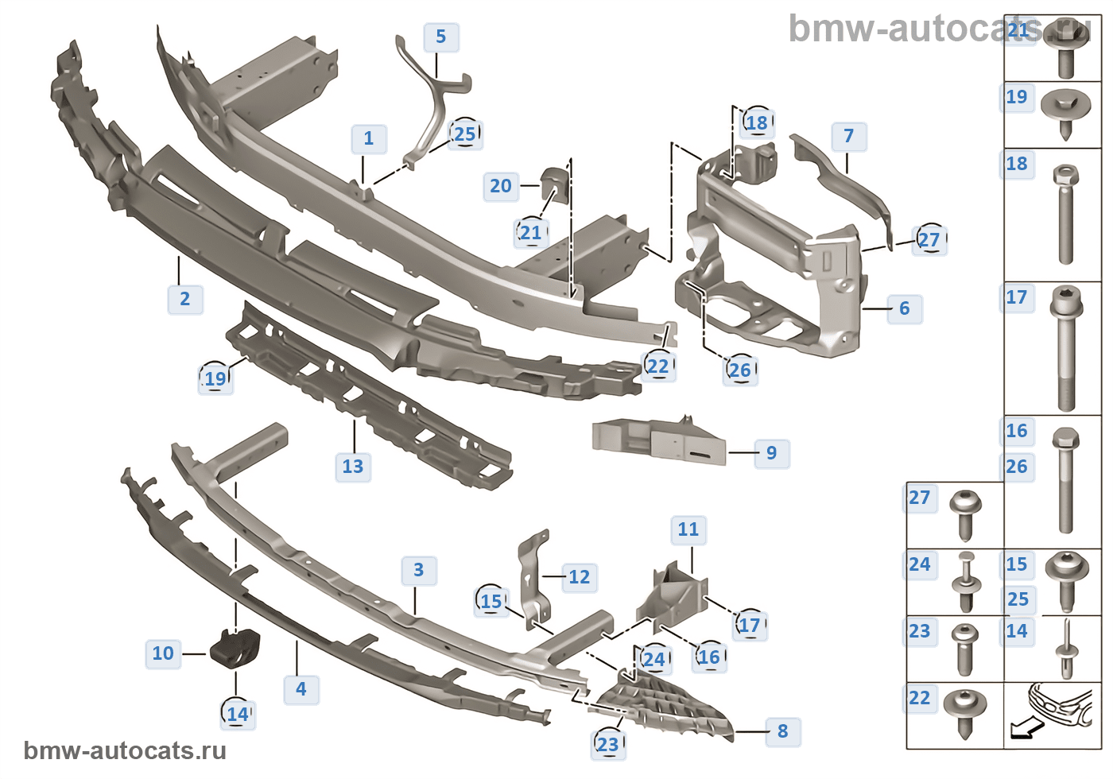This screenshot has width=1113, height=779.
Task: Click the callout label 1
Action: (369, 138)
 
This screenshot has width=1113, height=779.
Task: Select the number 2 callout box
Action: (185, 299)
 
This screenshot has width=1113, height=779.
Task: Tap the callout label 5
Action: (441, 37)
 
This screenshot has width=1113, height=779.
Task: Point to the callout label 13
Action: (353, 467)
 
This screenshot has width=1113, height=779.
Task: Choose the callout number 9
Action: (771, 453)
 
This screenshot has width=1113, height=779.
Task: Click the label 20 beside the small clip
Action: (501, 186)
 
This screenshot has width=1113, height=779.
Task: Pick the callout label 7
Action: (849, 137)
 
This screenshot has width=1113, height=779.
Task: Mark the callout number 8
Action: (783, 731)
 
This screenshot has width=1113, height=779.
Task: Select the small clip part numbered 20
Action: (552, 184)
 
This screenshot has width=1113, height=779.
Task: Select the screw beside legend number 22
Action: (965, 711)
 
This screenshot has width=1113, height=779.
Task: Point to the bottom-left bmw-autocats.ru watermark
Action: (126, 751)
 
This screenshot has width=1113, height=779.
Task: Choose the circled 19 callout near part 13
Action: (215, 378)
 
